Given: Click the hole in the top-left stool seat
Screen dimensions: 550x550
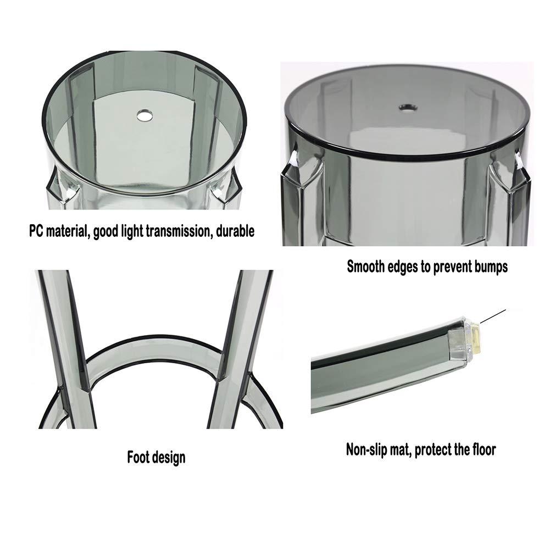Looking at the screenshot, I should (x=144, y=115).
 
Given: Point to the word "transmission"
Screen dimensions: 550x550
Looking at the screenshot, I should (x=176, y=231).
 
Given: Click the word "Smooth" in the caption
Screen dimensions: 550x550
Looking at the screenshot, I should (x=367, y=267).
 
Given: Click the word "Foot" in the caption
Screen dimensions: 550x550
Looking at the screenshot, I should (x=140, y=457).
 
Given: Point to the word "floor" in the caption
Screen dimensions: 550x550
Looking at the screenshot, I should (x=482, y=449).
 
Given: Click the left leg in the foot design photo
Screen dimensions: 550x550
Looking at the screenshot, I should (x=63, y=341).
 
